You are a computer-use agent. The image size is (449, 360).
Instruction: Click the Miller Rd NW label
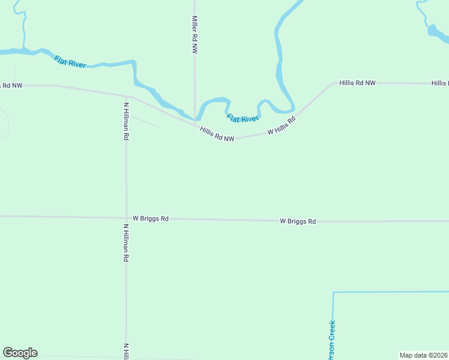click(x=194, y=35)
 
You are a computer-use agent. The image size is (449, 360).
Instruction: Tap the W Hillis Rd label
click(x=282, y=126)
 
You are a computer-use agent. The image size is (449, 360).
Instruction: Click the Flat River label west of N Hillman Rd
click(x=70, y=61)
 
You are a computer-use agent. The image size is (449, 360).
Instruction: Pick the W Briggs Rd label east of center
click(x=298, y=221)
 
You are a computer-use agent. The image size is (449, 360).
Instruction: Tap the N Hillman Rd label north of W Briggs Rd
click(x=126, y=121)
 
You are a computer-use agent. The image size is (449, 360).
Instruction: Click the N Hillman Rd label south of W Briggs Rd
click(x=126, y=242)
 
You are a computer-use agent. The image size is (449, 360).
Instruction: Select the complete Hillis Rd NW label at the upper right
click(x=357, y=83)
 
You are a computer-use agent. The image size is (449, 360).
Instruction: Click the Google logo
click(x=20, y=353)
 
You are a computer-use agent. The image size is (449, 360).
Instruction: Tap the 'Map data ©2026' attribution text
click(x=424, y=355)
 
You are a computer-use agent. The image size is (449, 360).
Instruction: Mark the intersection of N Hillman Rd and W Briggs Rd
click(x=126, y=218)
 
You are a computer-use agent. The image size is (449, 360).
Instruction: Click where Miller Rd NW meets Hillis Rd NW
click(x=194, y=124)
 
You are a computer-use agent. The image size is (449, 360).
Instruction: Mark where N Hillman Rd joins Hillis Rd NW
click(x=126, y=95)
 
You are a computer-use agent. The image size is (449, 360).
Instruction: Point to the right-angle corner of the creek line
click(x=333, y=293)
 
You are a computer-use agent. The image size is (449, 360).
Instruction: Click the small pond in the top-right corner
click(x=433, y=30)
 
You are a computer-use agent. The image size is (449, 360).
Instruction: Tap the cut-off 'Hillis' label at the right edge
click(x=439, y=83)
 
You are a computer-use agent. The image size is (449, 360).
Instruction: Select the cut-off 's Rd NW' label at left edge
click(x=11, y=86)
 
